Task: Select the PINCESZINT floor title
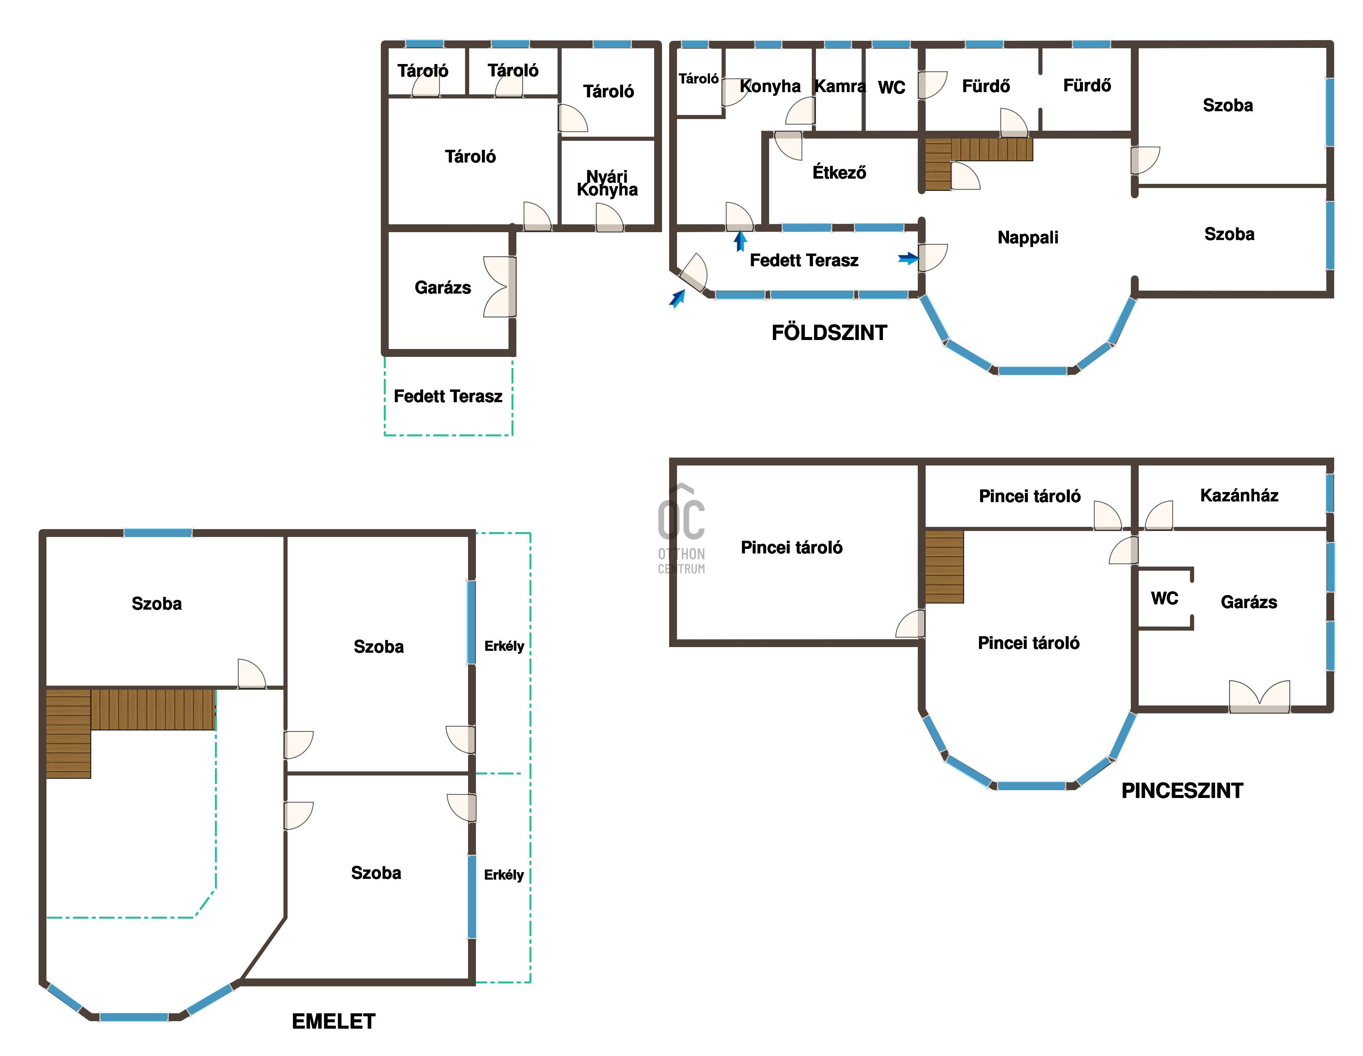1182,791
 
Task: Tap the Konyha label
770,86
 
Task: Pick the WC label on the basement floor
1165,598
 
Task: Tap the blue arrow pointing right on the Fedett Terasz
909,258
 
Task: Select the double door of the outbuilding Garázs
499,287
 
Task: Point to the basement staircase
944,567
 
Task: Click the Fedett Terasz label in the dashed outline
448,396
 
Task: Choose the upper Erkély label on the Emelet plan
504,646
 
